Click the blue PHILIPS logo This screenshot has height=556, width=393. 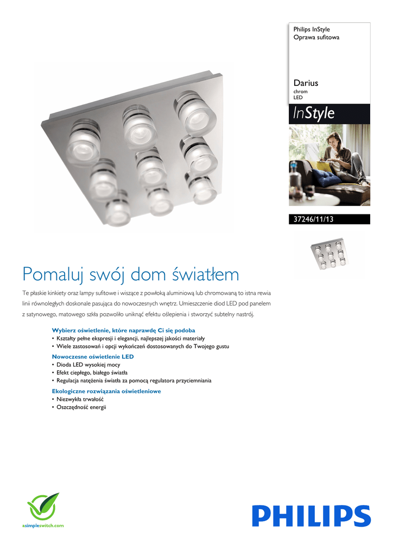pyautogui.click(x=311, y=515)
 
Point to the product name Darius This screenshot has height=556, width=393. pyautogui.click(x=306, y=83)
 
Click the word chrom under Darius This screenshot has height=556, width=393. pyautogui.click(x=300, y=92)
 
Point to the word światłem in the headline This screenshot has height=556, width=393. pyautogui.click(x=206, y=274)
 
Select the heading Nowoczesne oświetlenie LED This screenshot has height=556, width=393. pyautogui.click(x=92, y=356)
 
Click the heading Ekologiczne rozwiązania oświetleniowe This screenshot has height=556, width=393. pyautogui.click(x=106, y=391)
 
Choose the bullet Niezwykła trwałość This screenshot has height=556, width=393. pyautogui.click(x=80, y=399)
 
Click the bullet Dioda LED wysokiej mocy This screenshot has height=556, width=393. pyautogui.click(x=88, y=365)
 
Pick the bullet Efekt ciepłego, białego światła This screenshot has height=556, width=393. pyautogui.click(x=92, y=372)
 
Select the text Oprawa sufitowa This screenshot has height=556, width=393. pyautogui.click(x=316, y=37)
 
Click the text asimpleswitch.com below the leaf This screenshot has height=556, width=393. pyautogui.click(x=43, y=526)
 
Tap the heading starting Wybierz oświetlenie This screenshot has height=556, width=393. pyautogui.click(x=123, y=330)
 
